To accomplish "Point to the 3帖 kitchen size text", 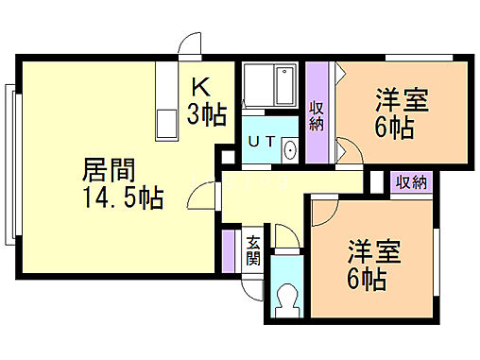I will coord(206,115).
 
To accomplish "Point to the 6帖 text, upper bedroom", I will coord(394,128).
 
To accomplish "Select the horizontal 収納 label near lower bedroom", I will coord(412,182).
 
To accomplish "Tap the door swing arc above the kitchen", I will coord(192,43).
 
